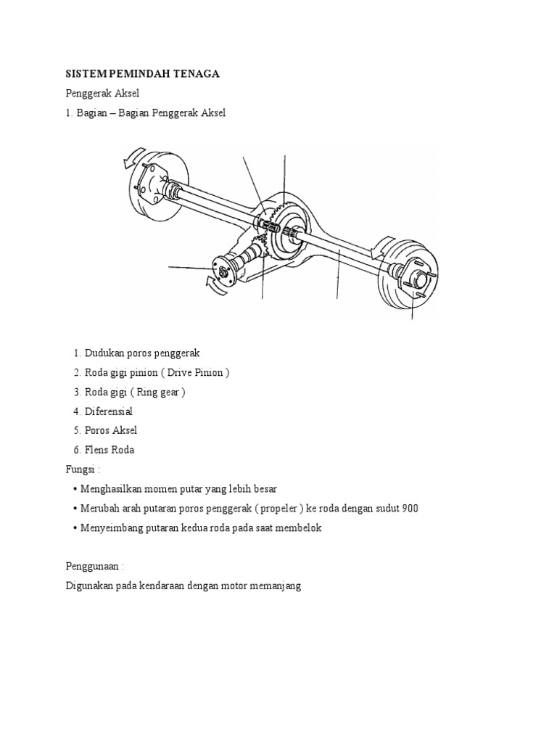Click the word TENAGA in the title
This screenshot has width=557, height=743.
click(195, 74)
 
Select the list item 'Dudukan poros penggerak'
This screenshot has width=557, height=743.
click(141, 353)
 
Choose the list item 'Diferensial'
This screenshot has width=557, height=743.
click(108, 411)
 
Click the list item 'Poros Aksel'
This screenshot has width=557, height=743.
click(110, 430)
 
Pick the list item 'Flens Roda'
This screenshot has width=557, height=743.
click(109, 450)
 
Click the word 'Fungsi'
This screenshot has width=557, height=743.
click(80, 469)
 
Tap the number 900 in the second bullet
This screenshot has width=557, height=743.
click(410, 509)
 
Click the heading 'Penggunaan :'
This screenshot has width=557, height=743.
click(91, 565)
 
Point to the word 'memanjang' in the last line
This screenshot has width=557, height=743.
click(276, 585)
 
